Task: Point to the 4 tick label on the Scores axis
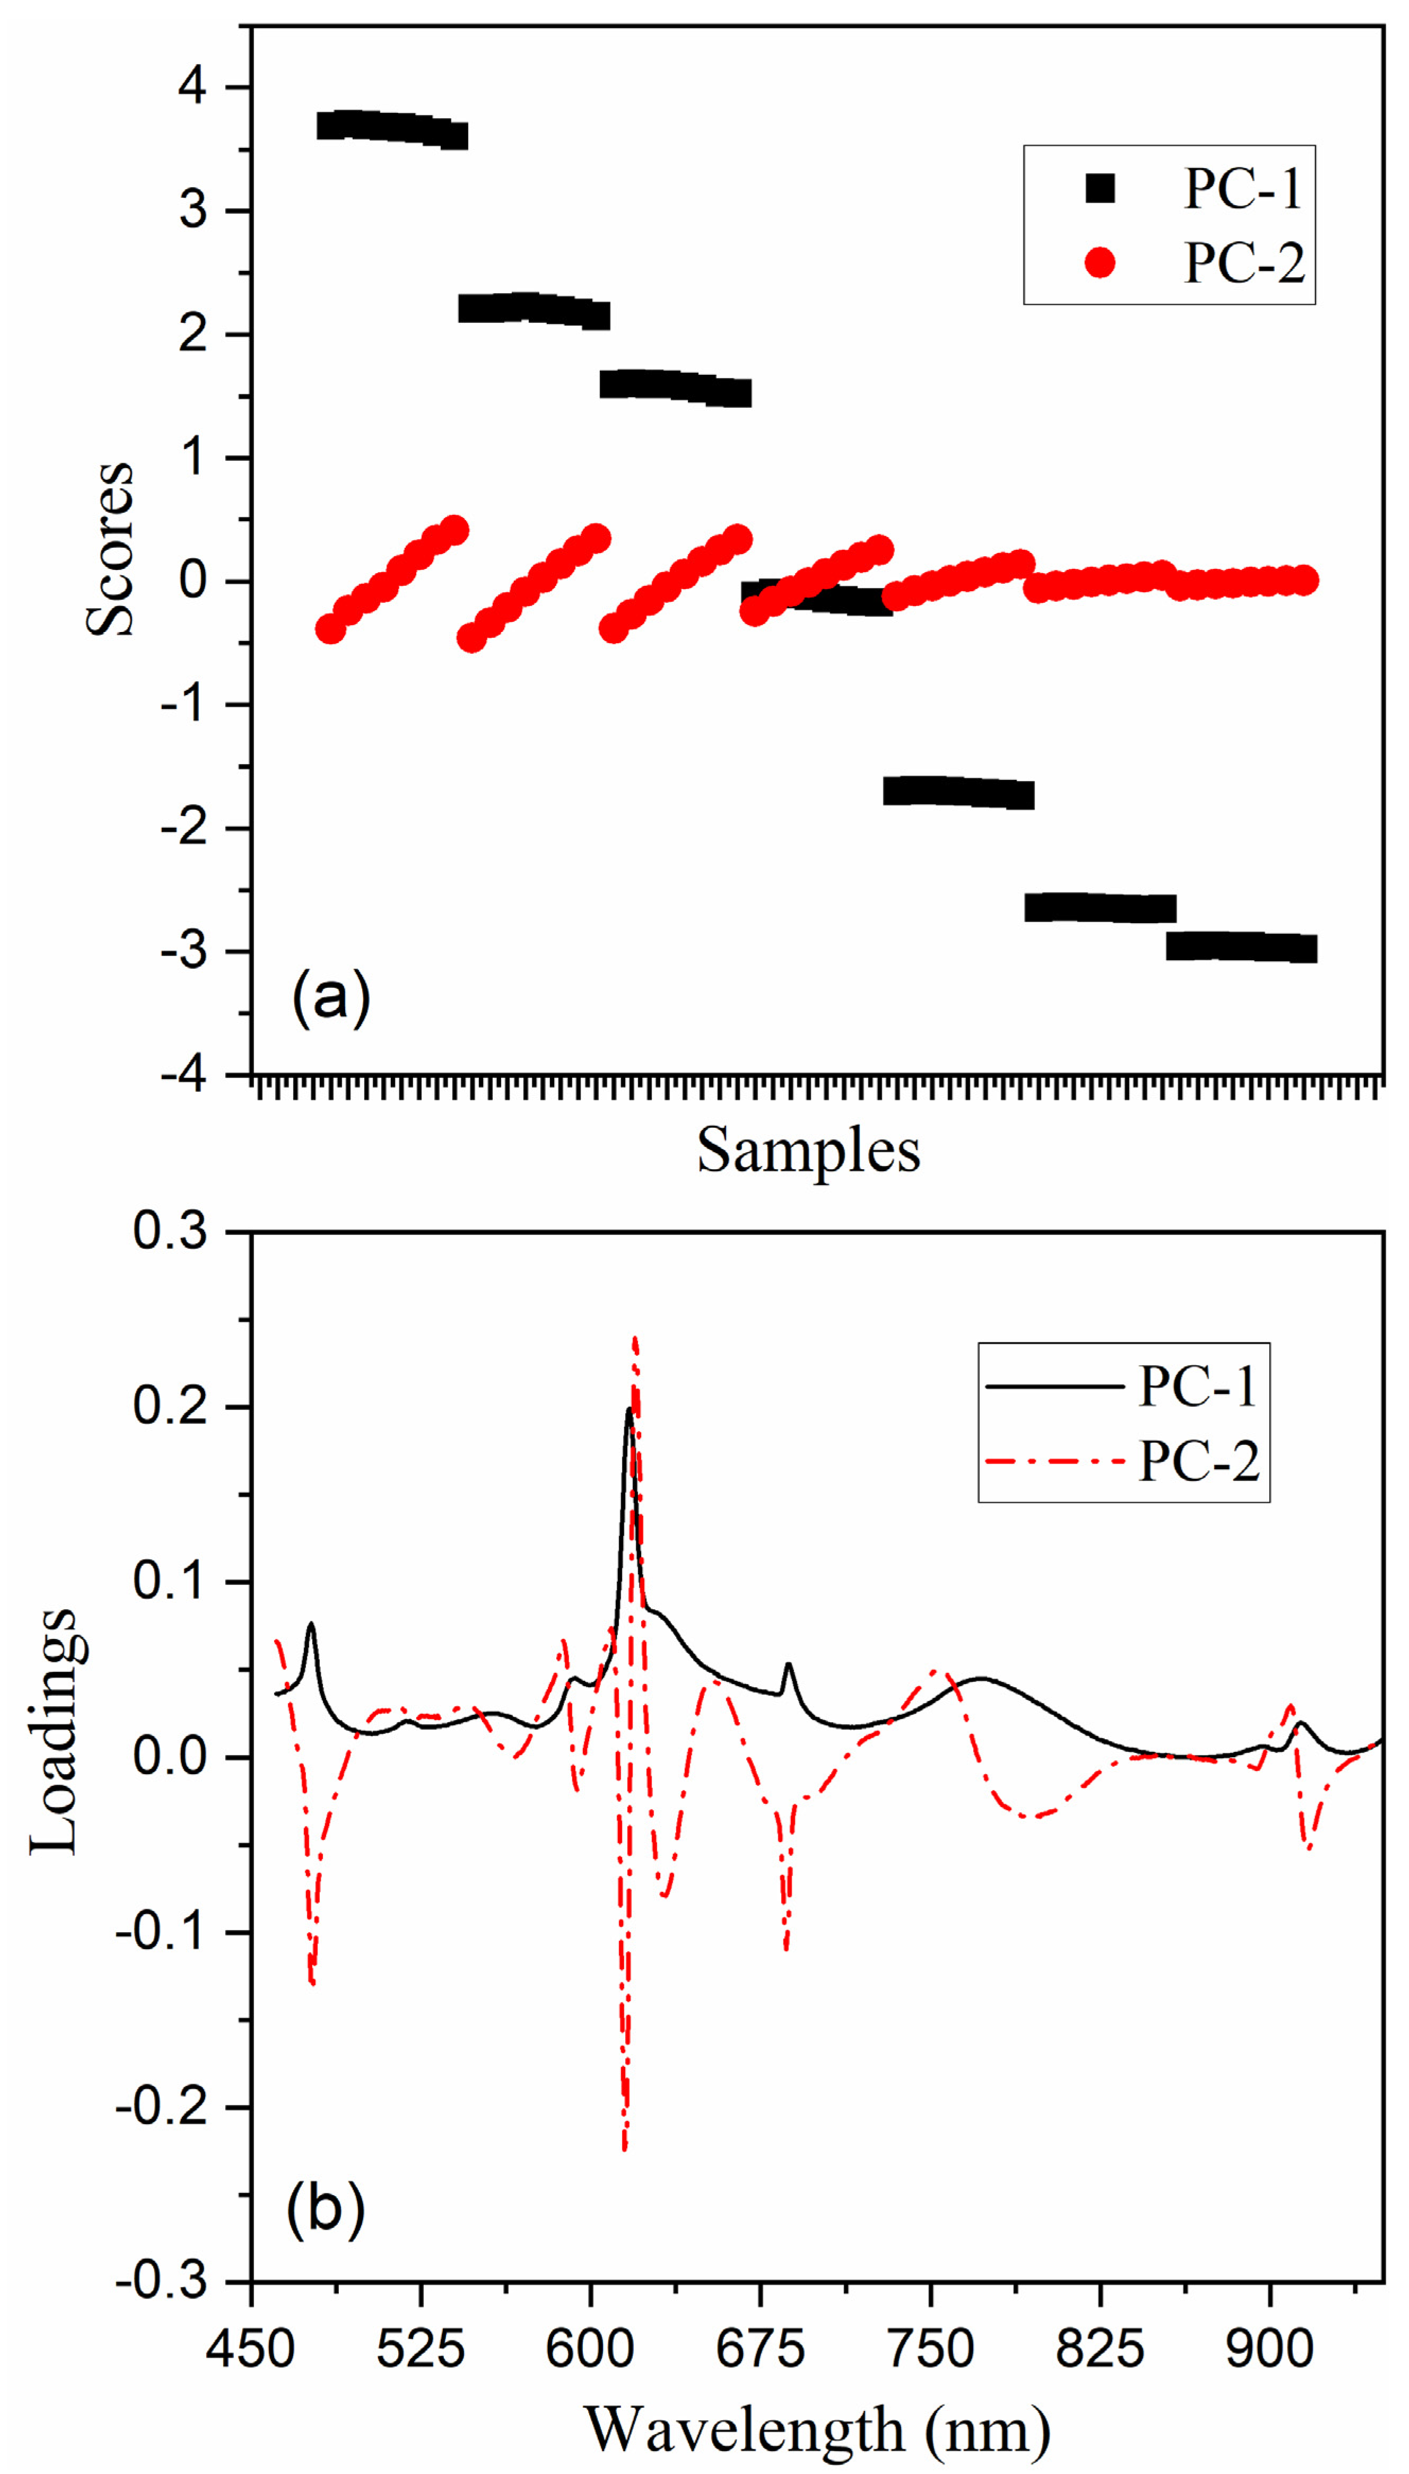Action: (192, 87)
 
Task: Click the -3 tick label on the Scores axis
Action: (184, 952)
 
